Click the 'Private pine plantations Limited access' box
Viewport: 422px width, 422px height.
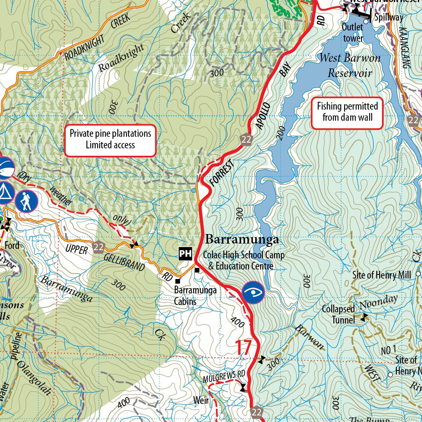tap(110, 140)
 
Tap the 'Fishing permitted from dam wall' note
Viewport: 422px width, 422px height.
tap(347, 112)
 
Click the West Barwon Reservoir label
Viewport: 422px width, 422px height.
tap(350, 65)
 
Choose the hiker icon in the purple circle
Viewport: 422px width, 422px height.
tap(26, 201)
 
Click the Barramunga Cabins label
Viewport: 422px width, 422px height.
tap(195, 295)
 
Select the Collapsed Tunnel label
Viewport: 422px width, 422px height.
tap(338, 314)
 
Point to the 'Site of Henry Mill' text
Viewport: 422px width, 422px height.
tap(382, 275)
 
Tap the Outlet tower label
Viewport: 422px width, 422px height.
tap(353, 33)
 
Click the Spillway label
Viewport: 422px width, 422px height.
tap(389, 18)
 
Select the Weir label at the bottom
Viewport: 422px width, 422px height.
tap(201, 400)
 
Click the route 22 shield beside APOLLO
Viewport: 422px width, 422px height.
tap(246, 139)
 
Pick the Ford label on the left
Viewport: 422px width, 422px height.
tap(12, 246)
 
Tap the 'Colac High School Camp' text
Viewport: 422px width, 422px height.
tap(244, 255)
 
